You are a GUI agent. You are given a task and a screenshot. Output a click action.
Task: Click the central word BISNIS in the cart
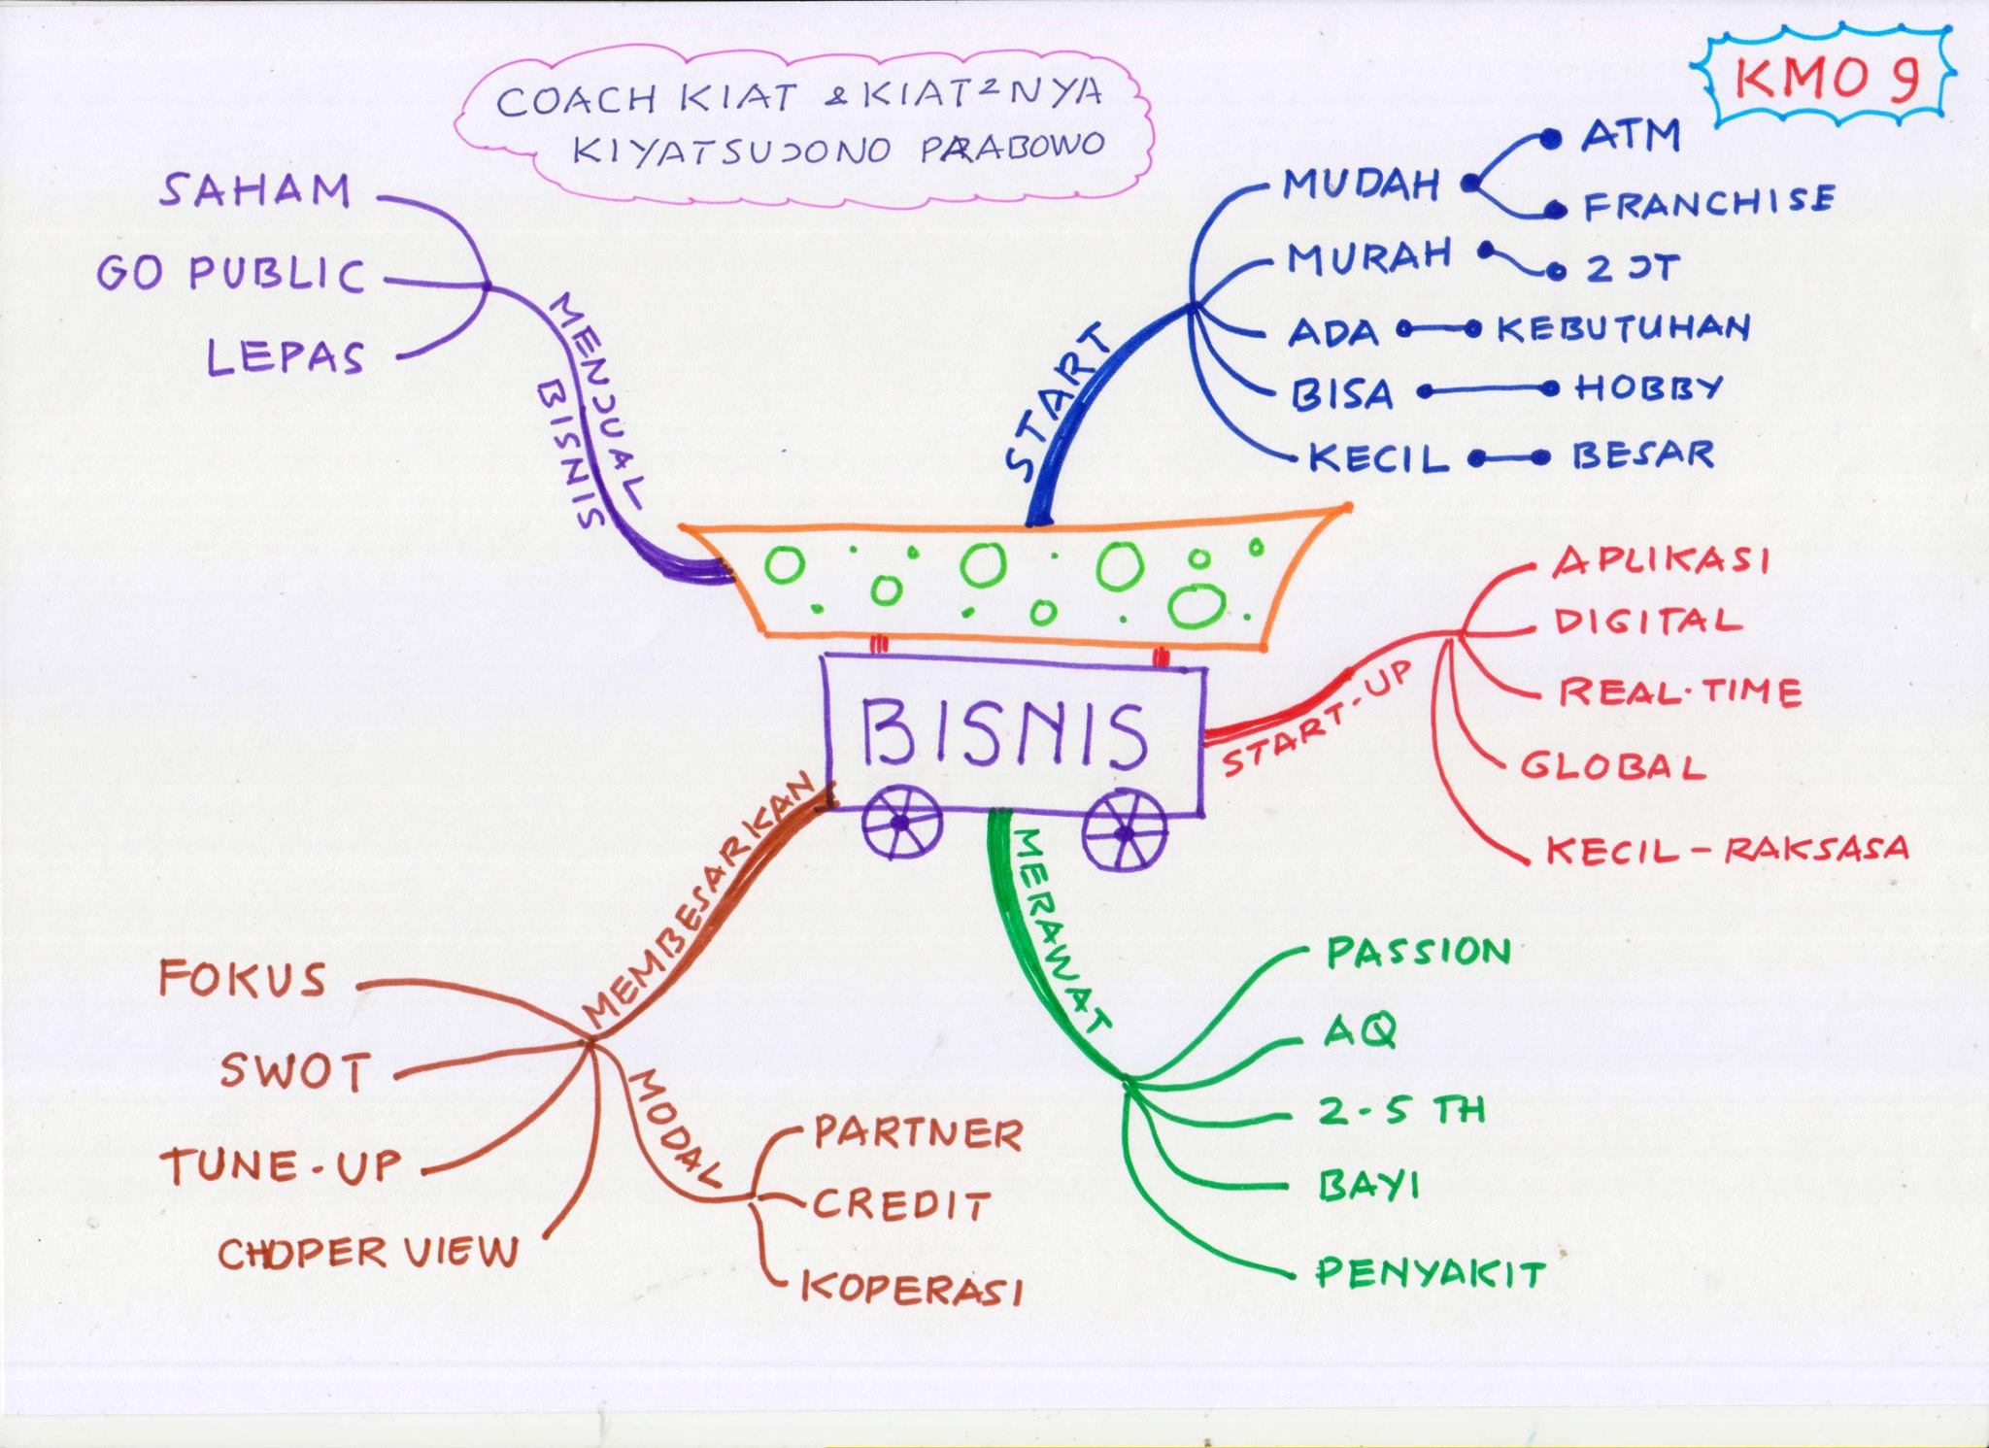(1003, 735)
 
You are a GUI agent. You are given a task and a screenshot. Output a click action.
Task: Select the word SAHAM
(254, 190)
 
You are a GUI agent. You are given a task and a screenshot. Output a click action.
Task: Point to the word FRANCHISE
(1709, 202)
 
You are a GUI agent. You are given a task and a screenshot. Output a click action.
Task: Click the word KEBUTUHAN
(1623, 327)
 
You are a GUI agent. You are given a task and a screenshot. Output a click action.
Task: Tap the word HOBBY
(1648, 388)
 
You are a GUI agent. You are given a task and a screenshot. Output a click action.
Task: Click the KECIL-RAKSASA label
(1727, 850)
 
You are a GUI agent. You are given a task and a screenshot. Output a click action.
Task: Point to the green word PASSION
(1419, 952)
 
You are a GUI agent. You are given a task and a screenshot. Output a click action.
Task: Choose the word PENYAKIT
(1430, 1272)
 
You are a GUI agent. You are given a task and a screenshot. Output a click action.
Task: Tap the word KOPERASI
(912, 1287)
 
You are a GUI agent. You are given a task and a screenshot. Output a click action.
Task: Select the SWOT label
(295, 1072)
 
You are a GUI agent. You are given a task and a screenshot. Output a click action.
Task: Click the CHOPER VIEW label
(368, 1252)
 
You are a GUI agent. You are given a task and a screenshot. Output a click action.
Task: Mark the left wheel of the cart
(902, 823)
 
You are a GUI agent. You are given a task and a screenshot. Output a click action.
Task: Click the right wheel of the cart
(1125, 832)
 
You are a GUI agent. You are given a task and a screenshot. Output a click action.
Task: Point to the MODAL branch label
(679, 1128)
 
